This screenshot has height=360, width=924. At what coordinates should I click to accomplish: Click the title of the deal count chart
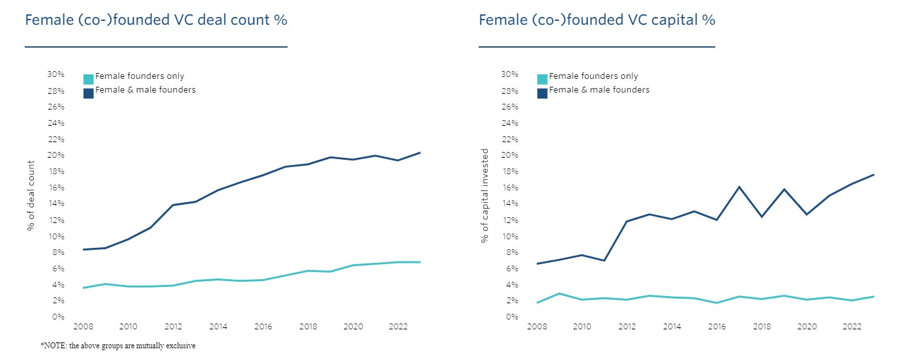[156, 20]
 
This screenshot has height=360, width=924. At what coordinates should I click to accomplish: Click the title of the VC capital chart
[597, 20]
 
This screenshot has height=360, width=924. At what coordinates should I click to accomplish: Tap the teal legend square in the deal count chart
[89, 80]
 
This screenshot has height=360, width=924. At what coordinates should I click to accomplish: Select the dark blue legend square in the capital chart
[543, 93]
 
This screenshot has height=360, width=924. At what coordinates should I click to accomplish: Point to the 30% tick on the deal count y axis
[56, 74]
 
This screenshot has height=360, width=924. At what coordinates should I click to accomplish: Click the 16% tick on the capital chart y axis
[510, 188]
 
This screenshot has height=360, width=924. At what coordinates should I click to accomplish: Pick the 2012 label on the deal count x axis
[173, 327]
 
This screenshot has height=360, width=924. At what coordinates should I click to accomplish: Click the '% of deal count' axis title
[31, 196]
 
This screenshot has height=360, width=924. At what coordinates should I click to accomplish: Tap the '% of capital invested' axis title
[484, 196]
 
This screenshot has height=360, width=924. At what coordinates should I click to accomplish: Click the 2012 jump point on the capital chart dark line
[627, 221]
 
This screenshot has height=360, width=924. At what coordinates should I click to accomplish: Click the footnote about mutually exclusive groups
[117, 346]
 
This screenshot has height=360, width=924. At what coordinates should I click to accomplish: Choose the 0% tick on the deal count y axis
[58, 317]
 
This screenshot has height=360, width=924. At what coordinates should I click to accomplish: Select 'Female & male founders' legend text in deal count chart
[145, 90]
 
